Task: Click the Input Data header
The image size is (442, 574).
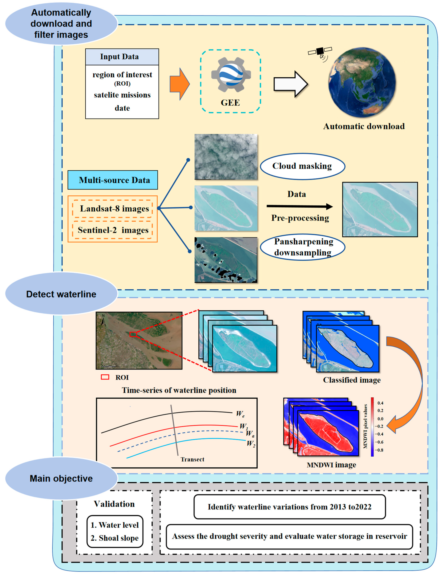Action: [x=122, y=57]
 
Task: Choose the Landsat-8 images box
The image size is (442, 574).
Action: [x=113, y=209]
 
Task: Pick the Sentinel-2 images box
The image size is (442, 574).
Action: [x=113, y=230]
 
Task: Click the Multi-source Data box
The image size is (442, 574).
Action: [x=113, y=180]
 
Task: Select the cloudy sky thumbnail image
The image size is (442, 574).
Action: [x=226, y=157]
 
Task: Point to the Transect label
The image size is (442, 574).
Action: [x=192, y=459]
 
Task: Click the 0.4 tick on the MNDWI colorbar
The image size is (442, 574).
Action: [x=380, y=403]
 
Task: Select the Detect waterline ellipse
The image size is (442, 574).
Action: [x=61, y=294]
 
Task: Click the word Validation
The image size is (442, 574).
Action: [x=114, y=504]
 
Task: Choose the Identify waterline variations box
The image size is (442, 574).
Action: [x=289, y=507]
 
